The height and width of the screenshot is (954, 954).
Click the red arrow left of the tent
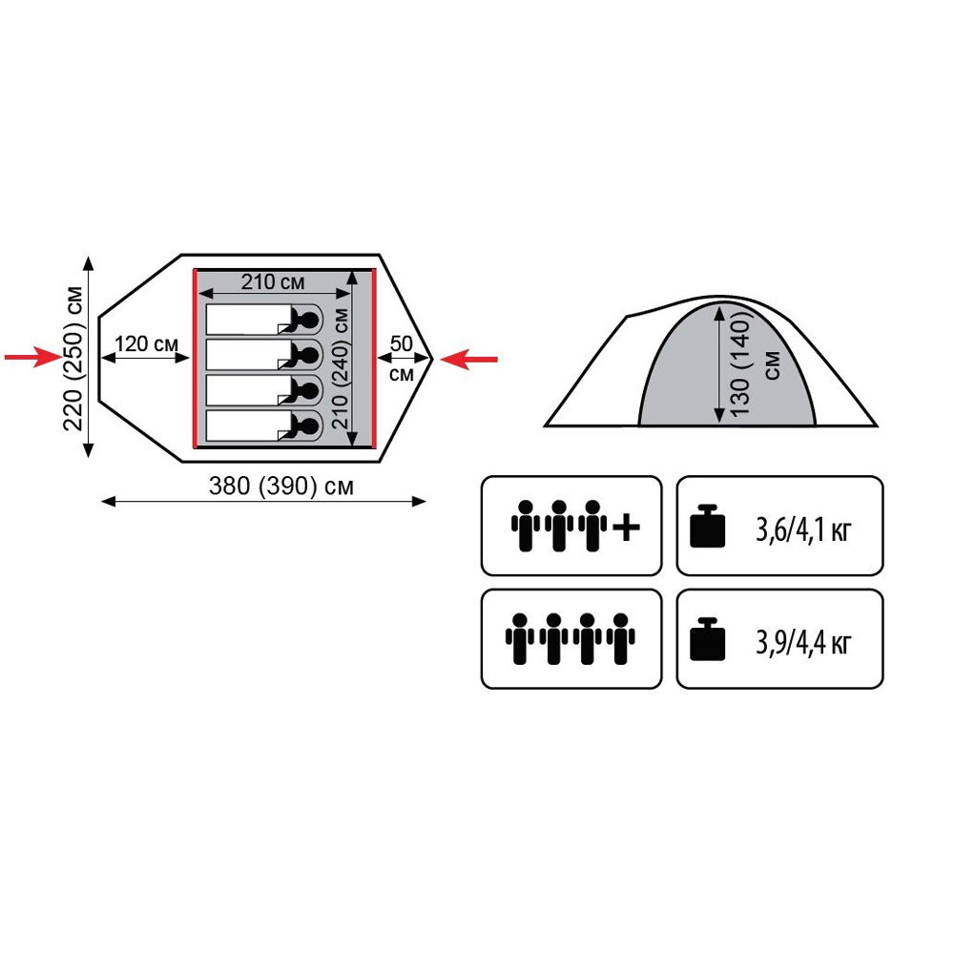[x=32, y=357]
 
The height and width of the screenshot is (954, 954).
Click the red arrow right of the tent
[x=469, y=359]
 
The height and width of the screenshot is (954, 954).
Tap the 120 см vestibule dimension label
[x=146, y=343]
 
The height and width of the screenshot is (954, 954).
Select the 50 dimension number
[x=401, y=343]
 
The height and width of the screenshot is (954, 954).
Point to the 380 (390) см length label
[x=280, y=487]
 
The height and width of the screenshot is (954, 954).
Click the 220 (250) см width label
[x=73, y=358]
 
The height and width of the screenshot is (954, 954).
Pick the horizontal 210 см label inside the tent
[x=273, y=281]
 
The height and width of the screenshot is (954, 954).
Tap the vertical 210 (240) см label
[x=341, y=368]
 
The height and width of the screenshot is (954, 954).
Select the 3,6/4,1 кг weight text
[x=802, y=529]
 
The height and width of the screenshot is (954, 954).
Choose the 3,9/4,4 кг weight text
[x=802, y=642]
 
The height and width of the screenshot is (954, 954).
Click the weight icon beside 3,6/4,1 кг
[x=708, y=527]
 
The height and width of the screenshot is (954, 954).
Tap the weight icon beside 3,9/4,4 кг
[x=708, y=639]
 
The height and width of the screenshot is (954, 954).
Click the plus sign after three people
[x=626, y=527]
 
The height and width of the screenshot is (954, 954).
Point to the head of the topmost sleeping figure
[x=310, y=319]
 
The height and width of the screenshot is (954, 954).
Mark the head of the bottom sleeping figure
[x=310, y=425]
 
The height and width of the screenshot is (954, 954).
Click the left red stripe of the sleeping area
[x=196, y=359]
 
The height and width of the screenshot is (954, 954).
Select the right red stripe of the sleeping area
[x=374, y=359]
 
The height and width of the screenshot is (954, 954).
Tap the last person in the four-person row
[x=621, y=638]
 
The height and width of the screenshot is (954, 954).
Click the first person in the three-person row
[x=525, y=526]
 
